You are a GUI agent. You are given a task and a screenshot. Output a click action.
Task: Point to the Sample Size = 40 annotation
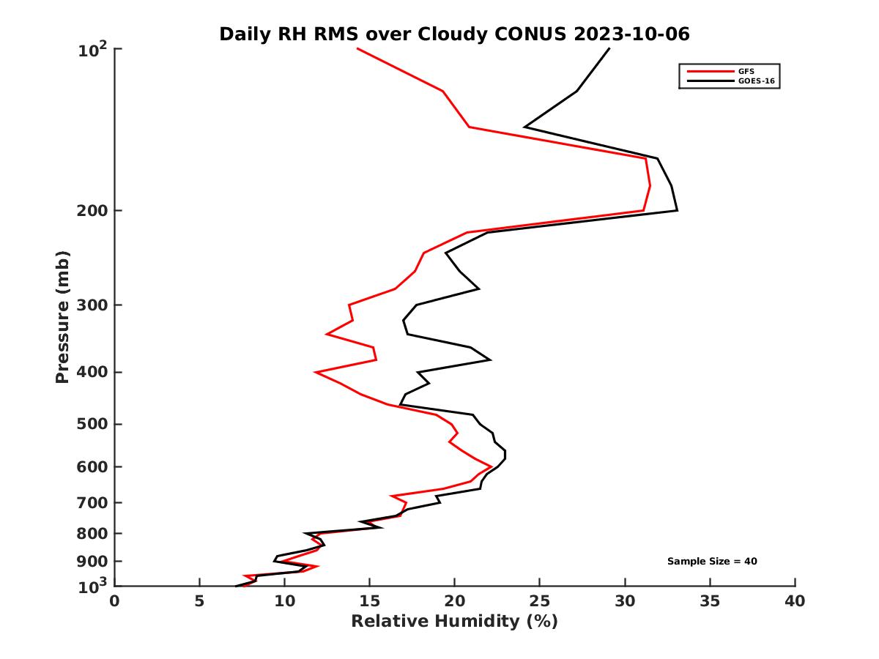712,561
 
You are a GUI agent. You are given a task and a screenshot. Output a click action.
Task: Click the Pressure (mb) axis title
62,317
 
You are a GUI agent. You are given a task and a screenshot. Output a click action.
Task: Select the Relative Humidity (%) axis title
454,622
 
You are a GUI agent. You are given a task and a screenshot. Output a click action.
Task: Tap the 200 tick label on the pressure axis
94,211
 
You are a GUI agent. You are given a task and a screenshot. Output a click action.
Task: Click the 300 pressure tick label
94,305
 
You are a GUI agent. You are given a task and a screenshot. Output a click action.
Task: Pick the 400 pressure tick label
94,372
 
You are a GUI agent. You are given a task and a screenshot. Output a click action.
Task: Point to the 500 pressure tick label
94,424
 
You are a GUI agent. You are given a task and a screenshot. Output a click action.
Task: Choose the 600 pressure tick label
94,466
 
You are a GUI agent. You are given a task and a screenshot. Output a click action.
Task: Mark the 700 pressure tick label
94,502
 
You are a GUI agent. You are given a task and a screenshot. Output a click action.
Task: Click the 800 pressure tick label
94,534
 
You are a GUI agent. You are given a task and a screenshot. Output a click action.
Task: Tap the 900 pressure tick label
94,562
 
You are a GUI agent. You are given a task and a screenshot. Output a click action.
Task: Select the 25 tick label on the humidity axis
540,602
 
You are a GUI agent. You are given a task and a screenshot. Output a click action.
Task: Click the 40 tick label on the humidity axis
795,602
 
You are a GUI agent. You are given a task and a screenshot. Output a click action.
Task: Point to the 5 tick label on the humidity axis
199,602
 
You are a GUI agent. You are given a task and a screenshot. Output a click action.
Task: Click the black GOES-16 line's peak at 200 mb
677,211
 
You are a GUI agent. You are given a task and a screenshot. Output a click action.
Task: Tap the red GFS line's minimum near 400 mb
316,373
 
